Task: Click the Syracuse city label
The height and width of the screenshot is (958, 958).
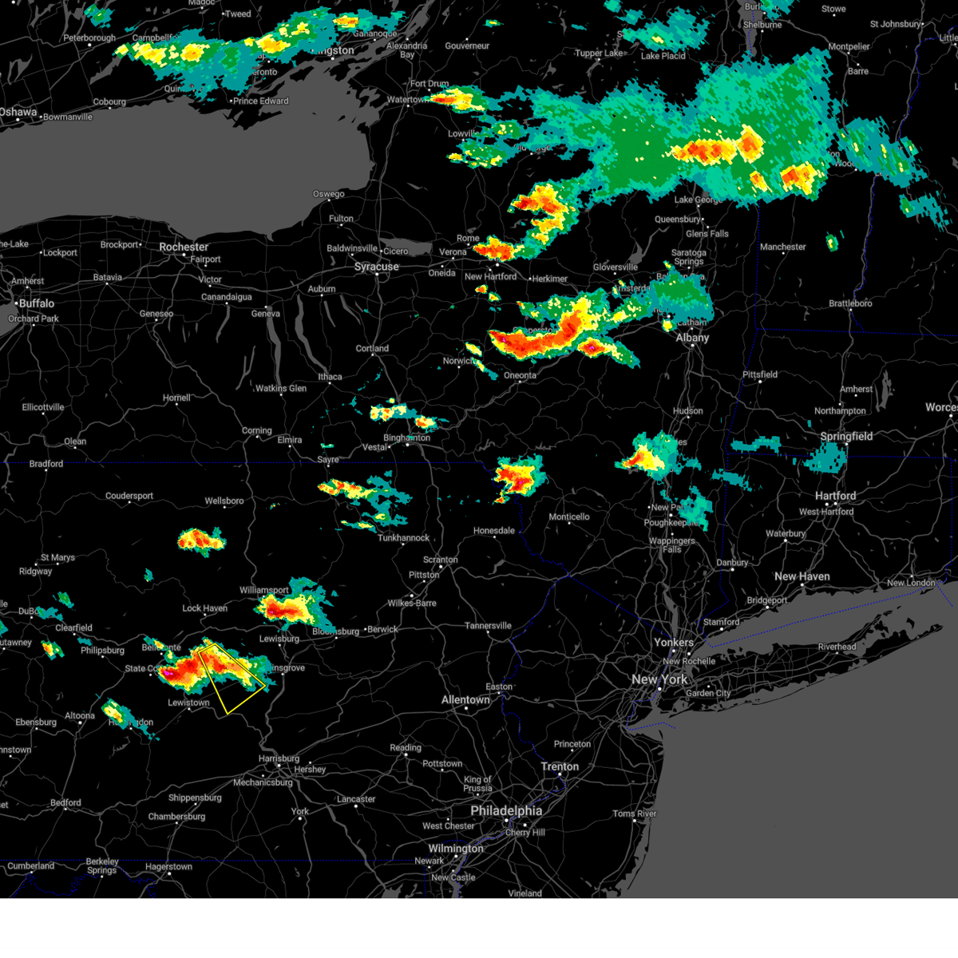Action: pos(377,267)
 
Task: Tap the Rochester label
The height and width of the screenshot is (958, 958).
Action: pos(184,247)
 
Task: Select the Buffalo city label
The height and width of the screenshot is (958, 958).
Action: pos(37,303)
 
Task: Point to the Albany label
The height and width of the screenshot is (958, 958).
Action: pos(692,338)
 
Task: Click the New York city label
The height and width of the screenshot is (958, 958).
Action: pos(659,679)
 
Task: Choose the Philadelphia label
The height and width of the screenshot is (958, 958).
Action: pos(506,810)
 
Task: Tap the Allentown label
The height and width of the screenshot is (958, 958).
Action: pos(466,700)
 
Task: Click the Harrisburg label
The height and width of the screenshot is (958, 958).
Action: pos(279,758)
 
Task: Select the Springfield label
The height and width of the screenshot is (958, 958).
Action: pos(846,437)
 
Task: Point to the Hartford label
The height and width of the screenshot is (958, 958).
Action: pos(836,496)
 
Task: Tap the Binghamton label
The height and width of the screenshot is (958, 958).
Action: pos(407,437)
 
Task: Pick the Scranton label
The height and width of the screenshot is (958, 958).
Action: pos(441,560)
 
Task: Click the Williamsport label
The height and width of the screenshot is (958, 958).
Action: pos(264,591)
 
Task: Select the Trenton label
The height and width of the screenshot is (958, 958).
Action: pos(560,766)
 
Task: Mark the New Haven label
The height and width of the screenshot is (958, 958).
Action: pos(802,576)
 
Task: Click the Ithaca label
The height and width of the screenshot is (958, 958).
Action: pos(330,377)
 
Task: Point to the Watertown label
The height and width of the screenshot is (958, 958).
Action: pos(407,100)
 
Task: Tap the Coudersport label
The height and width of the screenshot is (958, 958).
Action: pos(129,496)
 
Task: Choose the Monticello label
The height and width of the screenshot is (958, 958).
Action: pos(569,517)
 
